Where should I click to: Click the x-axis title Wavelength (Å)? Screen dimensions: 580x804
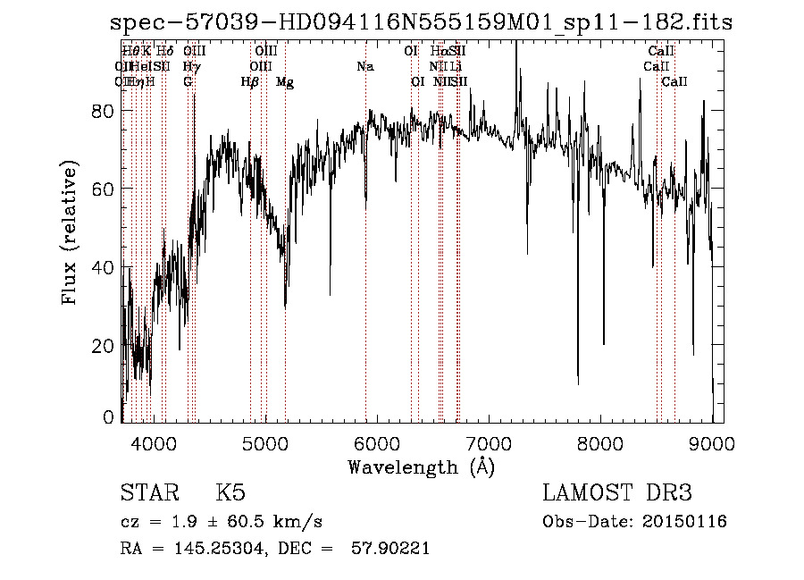[x=421, y=467]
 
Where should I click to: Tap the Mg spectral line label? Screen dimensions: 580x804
[x=285, y=82]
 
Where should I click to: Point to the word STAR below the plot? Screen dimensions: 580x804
[x=147, y=493]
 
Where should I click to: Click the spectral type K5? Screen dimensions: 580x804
[x=230, y=493]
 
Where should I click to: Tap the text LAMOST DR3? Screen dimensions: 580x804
[x=617, y=493]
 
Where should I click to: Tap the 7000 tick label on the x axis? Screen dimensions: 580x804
[x=489, y=441]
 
